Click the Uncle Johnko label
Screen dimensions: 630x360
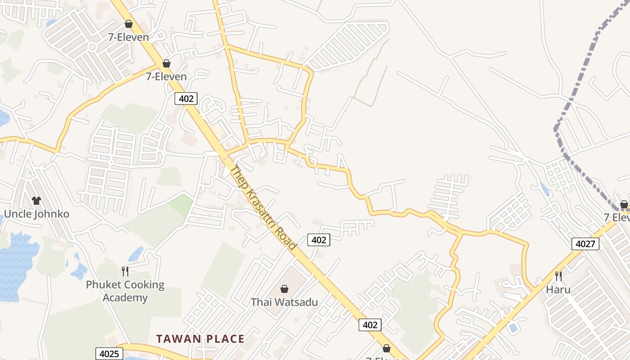coord(36,214)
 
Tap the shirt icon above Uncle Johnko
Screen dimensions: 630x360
coord(36,200)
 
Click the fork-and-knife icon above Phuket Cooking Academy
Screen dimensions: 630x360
coord(125,271)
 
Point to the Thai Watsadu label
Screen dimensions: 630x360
coord(284,302)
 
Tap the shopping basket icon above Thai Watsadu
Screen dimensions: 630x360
coord(284,288)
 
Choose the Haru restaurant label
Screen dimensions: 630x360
coord(558,289)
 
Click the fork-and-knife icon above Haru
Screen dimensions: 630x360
coord(558,276)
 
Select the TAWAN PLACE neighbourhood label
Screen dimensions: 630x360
coord(200,339)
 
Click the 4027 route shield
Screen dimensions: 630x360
coord(585,244)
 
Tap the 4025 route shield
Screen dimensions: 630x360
coord(109,354)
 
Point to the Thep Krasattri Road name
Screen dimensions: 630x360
coord(263,207)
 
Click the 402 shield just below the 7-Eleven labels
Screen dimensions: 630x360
coord(186,98)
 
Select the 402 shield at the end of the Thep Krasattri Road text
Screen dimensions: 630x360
coord(319,240)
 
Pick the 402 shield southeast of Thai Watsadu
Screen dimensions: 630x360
coord(370,324)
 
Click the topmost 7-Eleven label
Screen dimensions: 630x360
coord(128,37)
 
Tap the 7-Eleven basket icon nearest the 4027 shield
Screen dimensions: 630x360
coord(624,204)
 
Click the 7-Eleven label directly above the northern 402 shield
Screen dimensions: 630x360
coord(166,76)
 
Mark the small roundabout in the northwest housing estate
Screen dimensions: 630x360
coord(93,46)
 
